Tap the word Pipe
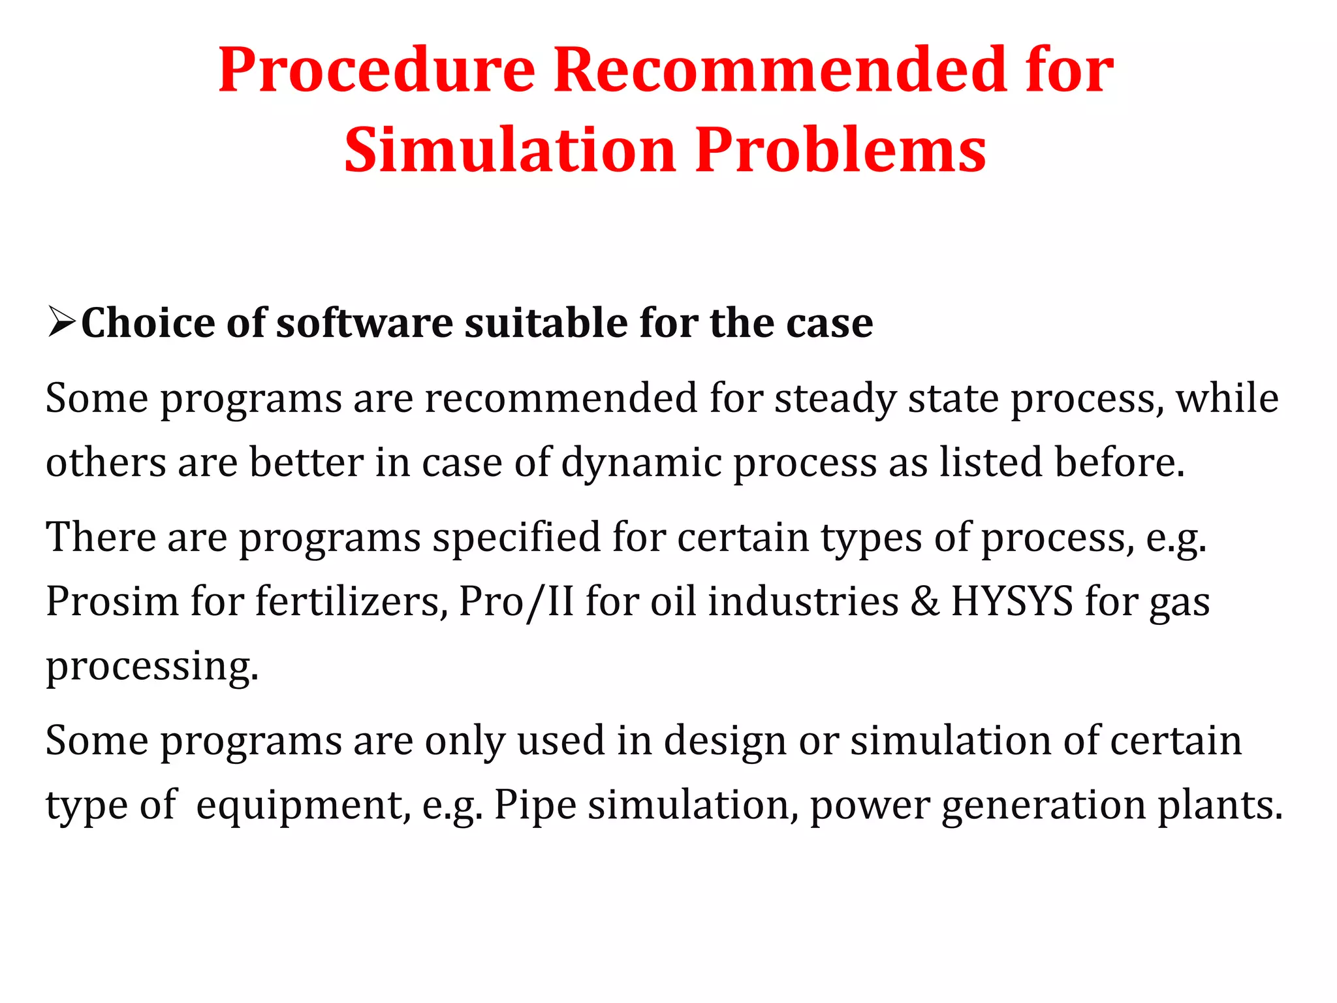[535, 805]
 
